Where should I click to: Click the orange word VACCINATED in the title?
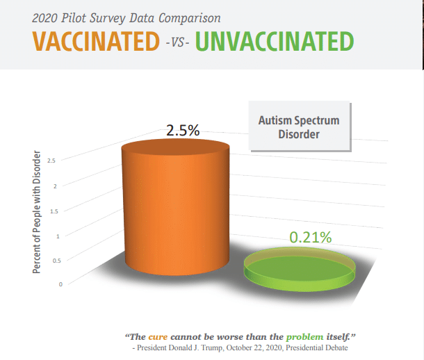click(x=96, y=41)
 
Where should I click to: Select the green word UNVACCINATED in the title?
click(x=275, y=41)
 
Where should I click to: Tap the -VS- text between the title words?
click(x=177, y=42)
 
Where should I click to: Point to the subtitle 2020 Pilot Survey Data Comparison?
click(x=127, y=18)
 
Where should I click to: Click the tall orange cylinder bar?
click(x=176, y=207)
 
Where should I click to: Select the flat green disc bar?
click(x=300, y=269)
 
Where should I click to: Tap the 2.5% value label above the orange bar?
click(x=183, y=130)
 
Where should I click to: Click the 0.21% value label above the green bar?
click(x=311, y=237)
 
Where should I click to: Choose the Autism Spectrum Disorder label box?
click(x=300, y=126)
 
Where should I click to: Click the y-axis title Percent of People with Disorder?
click(x=37, y=212)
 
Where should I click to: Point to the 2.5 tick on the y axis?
click(x=51, y=161)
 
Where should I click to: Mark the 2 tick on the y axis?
click(x=55, y=186)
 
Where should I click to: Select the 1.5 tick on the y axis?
click(x=54, y=211)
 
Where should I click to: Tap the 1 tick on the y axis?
click(x=58, y=236)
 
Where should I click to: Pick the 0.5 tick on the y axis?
click(x=57, y=261)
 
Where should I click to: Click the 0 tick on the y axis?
click(x=61, y=284)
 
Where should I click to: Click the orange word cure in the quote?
click(x=158, y=337)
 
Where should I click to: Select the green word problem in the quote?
click(x=304, y=337)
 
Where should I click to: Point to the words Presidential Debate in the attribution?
click(x=317, y=347)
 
